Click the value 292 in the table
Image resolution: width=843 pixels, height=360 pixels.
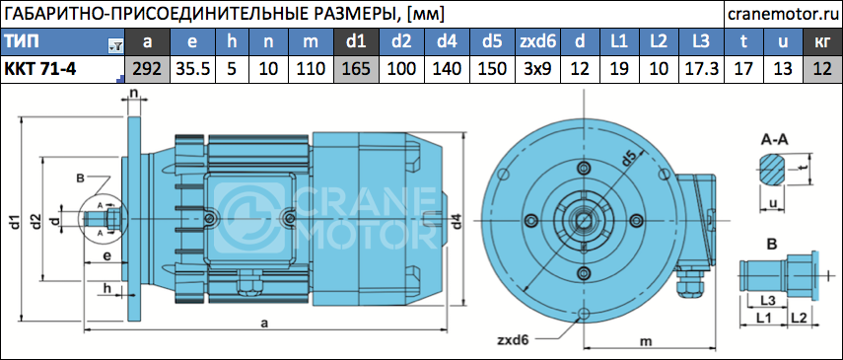tap(147, 69)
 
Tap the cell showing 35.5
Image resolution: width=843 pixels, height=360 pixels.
tap(192, 69)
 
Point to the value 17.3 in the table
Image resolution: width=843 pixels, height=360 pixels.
tap(701, 69)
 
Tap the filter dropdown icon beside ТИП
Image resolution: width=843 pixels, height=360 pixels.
tap(115, 46)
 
